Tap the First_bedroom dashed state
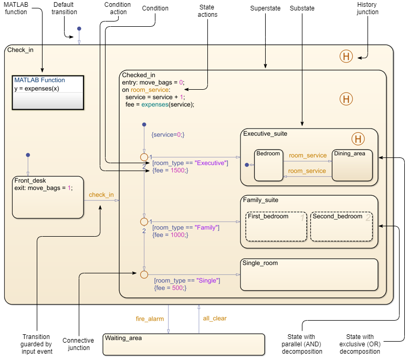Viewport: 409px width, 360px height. pyautogui.click(x=276, y=226)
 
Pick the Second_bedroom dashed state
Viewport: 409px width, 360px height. pyautogui.click(x=341, y=226)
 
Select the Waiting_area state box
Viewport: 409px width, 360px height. pyautogui.click(x=183, y=344)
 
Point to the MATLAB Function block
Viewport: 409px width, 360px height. pyautogui.click(x=47, y=91)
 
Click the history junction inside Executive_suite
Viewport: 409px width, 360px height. pyautogui.click(x=358, y=139)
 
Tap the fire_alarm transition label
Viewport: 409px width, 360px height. pyautogui.click(x=150, y=319)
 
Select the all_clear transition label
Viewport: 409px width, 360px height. pyautogui.click(x=215, y=318)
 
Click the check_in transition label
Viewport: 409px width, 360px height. pyautogui.click(x=101, y=195)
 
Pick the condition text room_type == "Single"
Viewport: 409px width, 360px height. pyautogui.click(x=187, y=281)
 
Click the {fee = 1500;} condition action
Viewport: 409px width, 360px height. pyautogui.click(x=170, y=171)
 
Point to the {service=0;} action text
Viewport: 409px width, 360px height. pyautogui.click(x=167, y=134)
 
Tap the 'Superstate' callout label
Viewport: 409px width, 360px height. pyautogui.click(x=266, y=8)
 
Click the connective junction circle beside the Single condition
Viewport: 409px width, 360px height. pyautogui.click(x=144, y=274)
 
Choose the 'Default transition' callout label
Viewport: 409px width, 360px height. pyautogui.click(x=65, y=8)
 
